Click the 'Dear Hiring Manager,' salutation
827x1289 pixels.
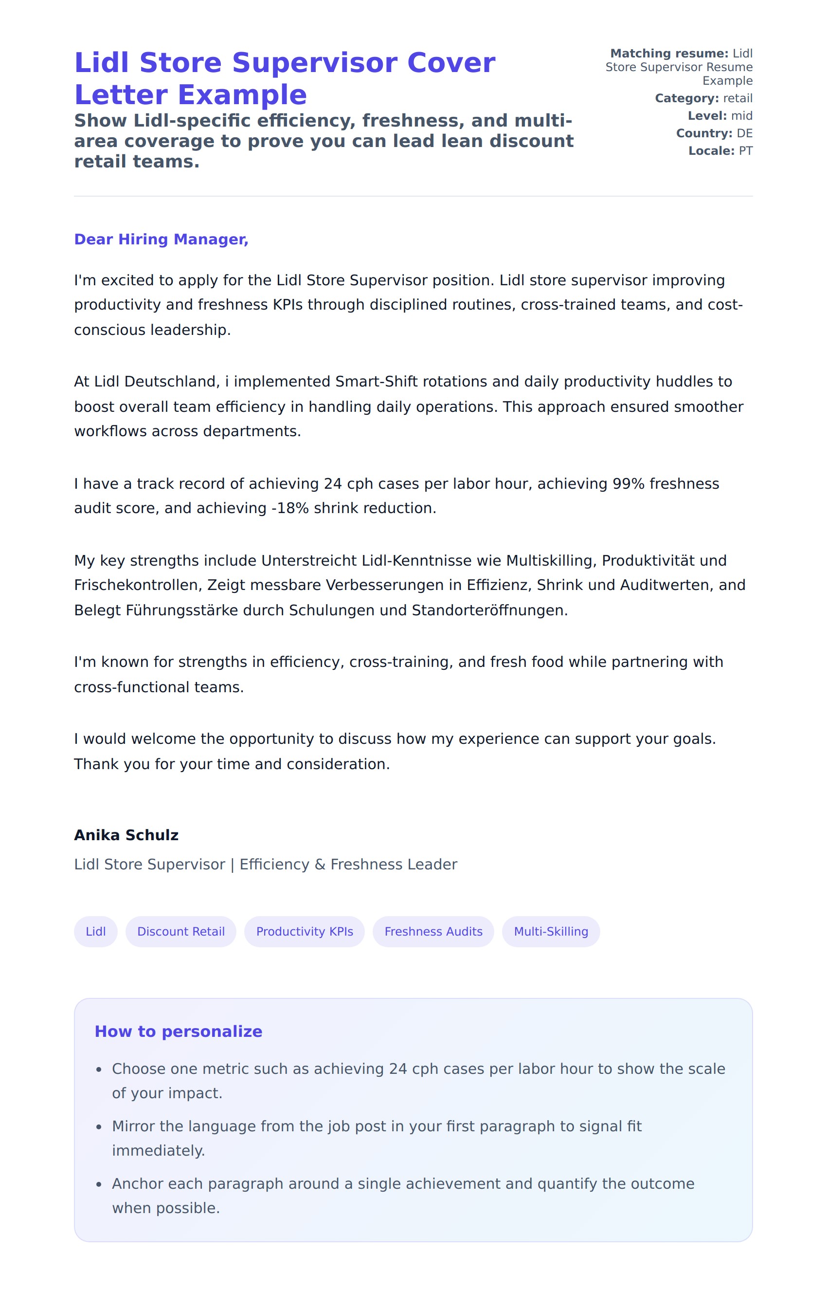(161, 239)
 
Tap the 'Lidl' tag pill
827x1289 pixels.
(95, 932)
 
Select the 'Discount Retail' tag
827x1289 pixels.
(181, 932)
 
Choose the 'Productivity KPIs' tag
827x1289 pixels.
(305, 932)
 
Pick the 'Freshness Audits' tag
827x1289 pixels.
(433, 932)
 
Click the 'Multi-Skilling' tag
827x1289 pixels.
(551, 932)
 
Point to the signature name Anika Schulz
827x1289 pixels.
(126, 835)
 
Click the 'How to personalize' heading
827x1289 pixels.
(178, 1031)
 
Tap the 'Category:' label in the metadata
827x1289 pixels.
(687, 98)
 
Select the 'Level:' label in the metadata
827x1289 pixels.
(707, 116)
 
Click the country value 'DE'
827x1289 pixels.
(744, 133)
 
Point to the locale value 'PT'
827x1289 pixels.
(745, 151)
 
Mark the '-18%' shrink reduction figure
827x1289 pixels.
(290, 508)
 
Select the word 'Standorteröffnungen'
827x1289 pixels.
(489, 611)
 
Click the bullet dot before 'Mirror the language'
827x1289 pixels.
(99, 1127)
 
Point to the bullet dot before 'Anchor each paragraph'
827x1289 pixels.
(99, 1185)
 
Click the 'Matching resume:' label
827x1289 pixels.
(669, 54)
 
